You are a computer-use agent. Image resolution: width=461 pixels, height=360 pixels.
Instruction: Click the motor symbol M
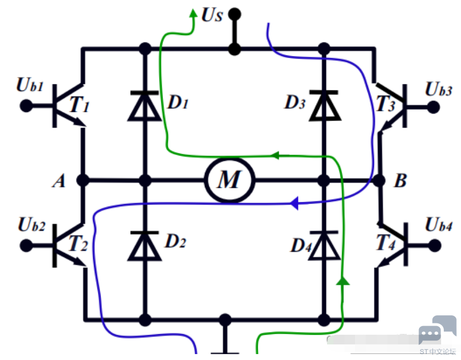click(230, 180)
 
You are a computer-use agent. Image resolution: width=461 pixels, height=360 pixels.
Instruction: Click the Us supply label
click(212, 15)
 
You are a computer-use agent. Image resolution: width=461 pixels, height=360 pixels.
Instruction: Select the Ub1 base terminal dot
click(26, 105)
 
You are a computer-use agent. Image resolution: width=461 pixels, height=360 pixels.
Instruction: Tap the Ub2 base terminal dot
click(26, 245)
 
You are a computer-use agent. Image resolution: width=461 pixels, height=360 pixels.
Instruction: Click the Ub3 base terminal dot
click(433, 107)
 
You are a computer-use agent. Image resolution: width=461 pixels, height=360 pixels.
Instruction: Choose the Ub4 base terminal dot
click(435, 245)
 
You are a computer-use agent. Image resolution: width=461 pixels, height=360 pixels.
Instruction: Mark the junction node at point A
click(83, 180)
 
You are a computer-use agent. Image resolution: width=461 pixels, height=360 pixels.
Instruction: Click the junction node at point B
click(379, 180)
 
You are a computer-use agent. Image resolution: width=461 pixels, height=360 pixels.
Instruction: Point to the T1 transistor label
click(79, 104)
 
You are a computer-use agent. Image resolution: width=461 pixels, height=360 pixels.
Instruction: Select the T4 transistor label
click(386, 242)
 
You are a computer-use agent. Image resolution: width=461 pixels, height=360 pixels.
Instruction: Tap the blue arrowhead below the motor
click(294, 203)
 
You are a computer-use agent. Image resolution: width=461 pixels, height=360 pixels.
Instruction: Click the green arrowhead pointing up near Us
click(193, 13)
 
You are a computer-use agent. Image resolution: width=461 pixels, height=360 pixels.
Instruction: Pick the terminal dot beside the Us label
click(235, 14)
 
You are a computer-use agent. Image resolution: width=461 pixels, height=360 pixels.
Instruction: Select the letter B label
click(400, 180)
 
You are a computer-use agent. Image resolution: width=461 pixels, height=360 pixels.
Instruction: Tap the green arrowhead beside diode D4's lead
click(343, 280)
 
